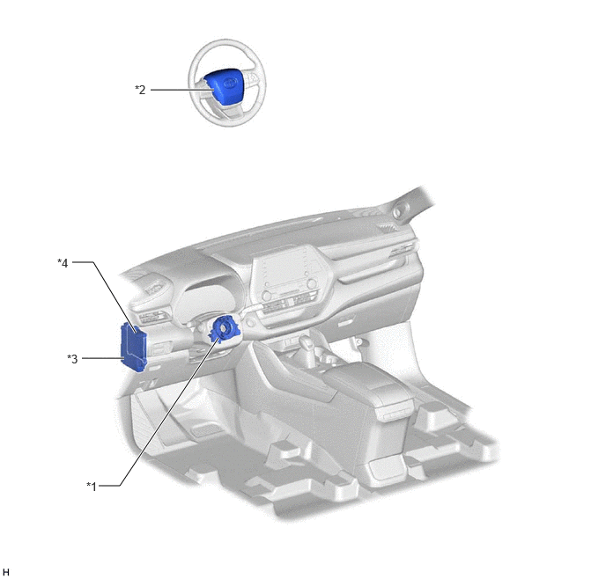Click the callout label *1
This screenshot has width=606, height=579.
click(x=92, y=486)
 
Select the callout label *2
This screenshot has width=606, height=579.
click(x=140, y=90)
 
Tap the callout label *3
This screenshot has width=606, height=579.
click(x=72, y=359)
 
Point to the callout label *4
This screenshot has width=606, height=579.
click(x=63, y=263)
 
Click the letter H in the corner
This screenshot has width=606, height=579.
click(x=5, y=572)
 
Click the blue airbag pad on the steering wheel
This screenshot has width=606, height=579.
click(x=225, y=87)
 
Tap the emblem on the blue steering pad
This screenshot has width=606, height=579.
click(x=231, y=84)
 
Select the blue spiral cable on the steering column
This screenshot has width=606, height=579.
click(x=224, y=329)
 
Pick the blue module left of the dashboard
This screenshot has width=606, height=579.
click(x=134, y=347)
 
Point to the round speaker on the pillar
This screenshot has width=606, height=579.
click(x=397, y=211)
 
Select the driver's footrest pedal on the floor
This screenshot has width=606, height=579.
click(x=205, y=430)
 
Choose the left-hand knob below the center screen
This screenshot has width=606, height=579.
click(x=265, y=296)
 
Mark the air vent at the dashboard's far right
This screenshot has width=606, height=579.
click(x=388, y=228)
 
